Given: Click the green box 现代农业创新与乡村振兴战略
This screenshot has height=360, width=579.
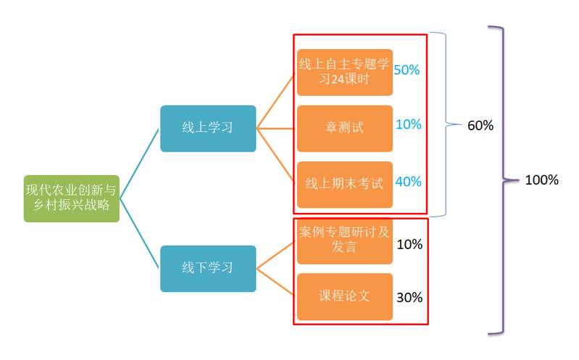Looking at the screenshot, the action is [x=72, y=198].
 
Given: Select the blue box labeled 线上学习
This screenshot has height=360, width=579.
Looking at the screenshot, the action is [x=208, y=128].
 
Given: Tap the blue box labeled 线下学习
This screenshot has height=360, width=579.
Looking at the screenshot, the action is [x=208, y=269].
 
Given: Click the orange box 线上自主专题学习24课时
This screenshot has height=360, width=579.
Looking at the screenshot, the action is [x=345, y=72].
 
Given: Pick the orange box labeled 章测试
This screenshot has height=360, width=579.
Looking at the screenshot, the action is [x=345, y=128].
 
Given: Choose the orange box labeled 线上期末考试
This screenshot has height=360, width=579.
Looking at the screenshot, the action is [x=345, y=185].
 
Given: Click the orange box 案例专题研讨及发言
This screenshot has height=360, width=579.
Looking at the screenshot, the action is [x=345, y=240].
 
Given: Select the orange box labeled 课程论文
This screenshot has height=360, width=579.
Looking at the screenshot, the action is [x=345, y=297].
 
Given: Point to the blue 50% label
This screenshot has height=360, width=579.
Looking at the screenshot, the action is [x=407, y=70].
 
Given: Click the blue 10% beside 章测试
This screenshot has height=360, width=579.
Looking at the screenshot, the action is [x=409, y=125].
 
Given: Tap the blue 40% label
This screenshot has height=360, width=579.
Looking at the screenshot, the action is [x=409, y=182].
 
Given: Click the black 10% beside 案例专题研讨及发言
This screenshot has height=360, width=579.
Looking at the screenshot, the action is [x=409, y=244].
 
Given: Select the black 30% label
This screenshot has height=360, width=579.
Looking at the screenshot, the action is [x=409, y=298].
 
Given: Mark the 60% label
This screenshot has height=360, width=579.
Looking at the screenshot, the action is [x=480, y=125].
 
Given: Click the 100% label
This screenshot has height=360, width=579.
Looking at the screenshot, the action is [x=542, y=180].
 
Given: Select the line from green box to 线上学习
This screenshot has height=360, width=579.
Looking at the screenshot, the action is [x=139, y=164].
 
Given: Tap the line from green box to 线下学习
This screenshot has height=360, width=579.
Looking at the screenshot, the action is [x=139, y=233].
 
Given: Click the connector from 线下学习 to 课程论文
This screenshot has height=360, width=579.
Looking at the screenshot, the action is [x=275, y=282].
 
